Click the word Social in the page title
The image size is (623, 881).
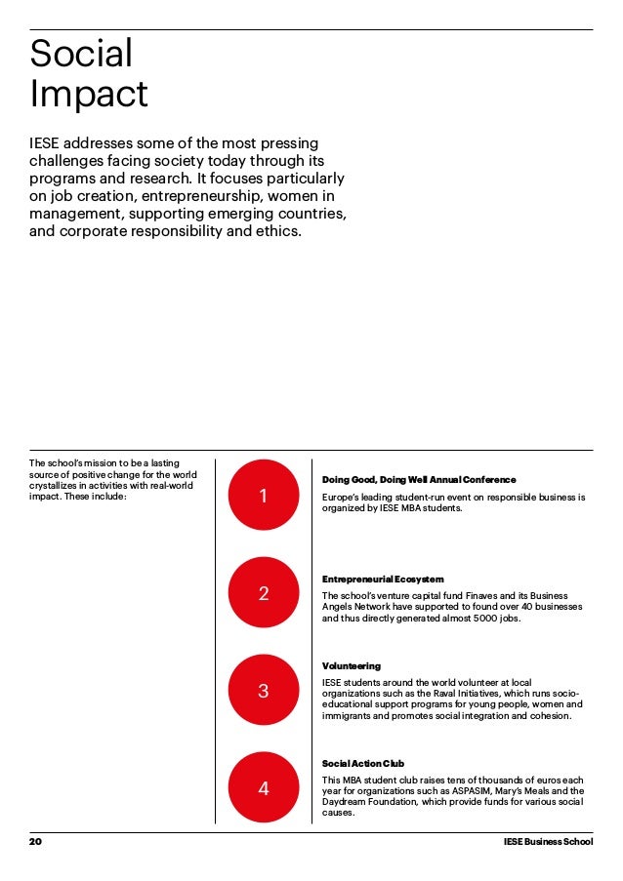point(81,54)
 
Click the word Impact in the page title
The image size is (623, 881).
point(89,95)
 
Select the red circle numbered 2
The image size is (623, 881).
point(263,593)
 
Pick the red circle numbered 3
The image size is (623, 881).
point(263,691)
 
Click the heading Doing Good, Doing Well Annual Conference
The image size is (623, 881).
point(419,480)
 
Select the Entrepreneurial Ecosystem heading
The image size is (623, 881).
point(383,580)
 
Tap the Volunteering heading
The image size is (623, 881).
point(352,665)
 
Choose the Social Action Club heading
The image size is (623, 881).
point(363,763)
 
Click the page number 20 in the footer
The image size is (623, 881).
point(36,841)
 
